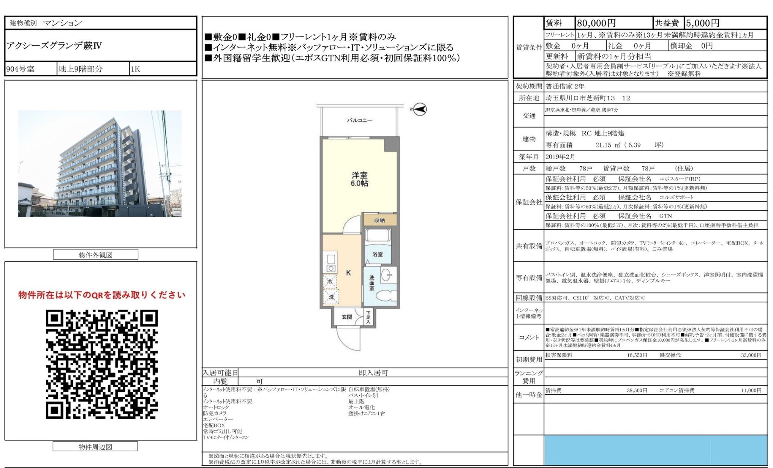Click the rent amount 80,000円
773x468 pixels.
click(x=596, y=23)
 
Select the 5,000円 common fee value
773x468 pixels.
click(x=702, y=23)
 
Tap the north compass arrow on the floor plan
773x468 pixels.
click(x=420, y=109)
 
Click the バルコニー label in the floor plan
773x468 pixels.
click(x=359, y=120)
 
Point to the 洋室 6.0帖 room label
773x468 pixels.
click(x=359, y=179)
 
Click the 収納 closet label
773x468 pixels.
click(x=379, y=220)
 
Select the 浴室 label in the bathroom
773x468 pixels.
click(x=377, y=254)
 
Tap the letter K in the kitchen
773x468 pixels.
click(x=348, y=273)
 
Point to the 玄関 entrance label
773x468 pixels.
click(x=347, y=317)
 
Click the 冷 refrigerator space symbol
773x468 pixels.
click(x=330, y=281)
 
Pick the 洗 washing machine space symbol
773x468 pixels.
click(x=331, y=297)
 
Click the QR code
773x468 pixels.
click(x=102, y=364)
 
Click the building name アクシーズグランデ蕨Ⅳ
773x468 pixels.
click(x=54, y=46)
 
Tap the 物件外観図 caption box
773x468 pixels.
click(x=95, y=255)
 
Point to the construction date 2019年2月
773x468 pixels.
click(x=560, y=157)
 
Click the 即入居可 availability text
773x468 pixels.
click(x=373, y=373)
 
